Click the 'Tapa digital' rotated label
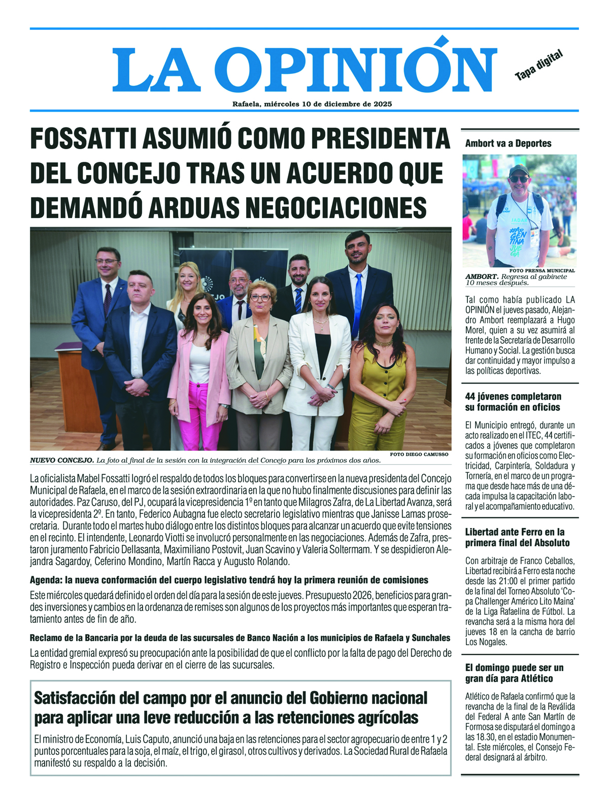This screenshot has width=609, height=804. (x=539, y=66)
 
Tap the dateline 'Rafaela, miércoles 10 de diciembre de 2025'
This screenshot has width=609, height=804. (x=312, y=104)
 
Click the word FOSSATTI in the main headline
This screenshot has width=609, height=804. (x=84, y=138)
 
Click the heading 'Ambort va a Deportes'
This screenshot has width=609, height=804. (x=508, y=144)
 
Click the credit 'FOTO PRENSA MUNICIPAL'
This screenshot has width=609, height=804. (x=542, y=271)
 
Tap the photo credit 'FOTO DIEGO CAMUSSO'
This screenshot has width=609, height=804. (x=419, y=455)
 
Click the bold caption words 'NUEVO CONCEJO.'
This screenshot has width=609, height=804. (x=62, y=461)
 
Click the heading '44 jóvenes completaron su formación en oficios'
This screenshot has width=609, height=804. (x=513, y=402)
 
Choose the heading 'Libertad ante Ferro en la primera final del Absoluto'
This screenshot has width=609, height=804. (x=517, y=537)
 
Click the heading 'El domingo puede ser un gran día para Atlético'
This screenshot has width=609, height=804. (x=514, y=673)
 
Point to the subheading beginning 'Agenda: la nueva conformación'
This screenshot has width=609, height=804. (x=229, y=580)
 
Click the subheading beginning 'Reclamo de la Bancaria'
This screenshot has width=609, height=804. (x=240, y=638)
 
